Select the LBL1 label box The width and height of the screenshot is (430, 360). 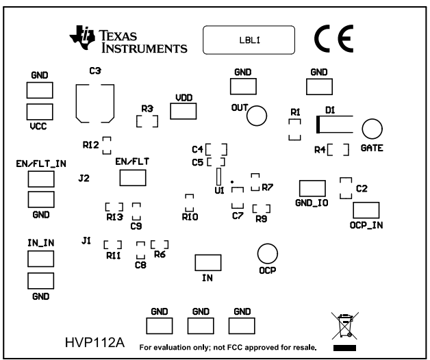click(x=249, y=40)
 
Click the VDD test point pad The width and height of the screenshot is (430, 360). click(x=184, y=111)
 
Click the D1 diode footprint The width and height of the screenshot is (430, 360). click(x=335, y=125)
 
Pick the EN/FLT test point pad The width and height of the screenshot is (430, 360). click(x=134, y=178)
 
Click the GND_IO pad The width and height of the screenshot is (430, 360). click(x=313, y=188)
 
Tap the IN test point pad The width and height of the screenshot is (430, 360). click(x=207, y=263)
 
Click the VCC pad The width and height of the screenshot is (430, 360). click(x=40, y=112)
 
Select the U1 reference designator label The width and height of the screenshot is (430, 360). click(x=219, y=191)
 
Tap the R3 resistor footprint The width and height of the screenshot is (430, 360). click(x=147, y=121)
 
